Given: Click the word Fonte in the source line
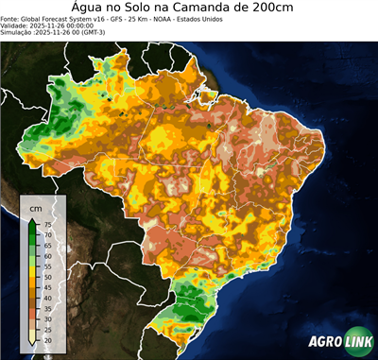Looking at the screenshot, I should coord(11,18).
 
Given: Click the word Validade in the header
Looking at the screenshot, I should coord(17,26).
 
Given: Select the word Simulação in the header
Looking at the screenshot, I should coord(19,33).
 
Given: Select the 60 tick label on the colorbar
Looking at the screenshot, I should coord(47,256).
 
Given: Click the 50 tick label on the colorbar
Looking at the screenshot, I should coord(47,277).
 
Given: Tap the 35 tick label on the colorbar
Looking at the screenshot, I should coord(47,308).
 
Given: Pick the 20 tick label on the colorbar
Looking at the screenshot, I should coord(47,339).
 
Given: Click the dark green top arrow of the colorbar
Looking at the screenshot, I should coord(33,221).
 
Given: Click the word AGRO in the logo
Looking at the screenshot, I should coord(323,342).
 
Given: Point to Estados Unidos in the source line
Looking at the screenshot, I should coord(238,18).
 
